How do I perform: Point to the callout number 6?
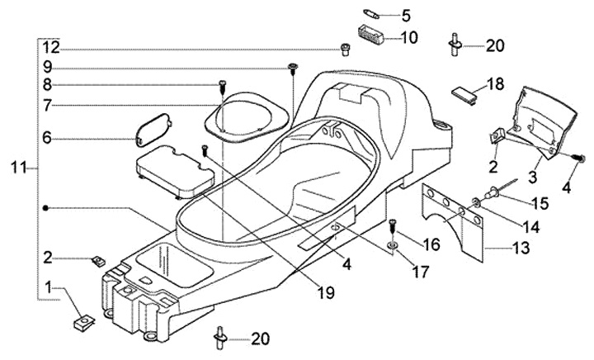[x=48, y=139]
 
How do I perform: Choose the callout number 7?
[x=48, y=105]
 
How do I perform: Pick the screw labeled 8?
[x=222, y=85]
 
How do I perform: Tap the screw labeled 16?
[x=392, y=223]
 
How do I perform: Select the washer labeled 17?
[x=392, y=245]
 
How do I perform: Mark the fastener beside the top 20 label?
[x=455, y=43]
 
